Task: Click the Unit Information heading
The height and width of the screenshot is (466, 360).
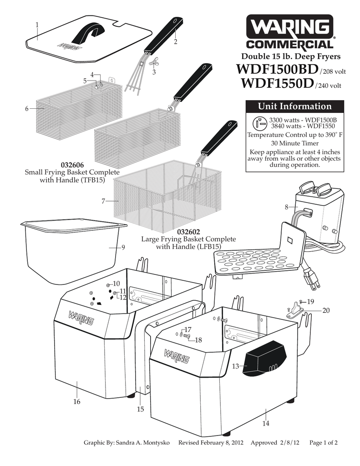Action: coord(294,106)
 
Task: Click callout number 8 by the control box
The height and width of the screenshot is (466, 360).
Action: coord(286,207)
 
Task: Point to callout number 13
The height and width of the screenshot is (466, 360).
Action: coord(235,366)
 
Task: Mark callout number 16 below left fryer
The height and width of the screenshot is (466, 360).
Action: coord(77,401)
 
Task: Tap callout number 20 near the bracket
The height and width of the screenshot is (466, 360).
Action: coord(325,310)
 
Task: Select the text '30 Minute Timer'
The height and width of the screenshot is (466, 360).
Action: coord(294,143)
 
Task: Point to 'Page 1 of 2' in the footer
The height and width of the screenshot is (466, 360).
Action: coord(323,442)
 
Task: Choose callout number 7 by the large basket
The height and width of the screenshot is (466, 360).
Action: coord(103,200)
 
